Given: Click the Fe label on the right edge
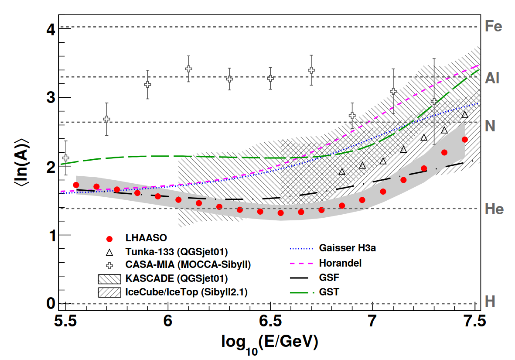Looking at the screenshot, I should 493,27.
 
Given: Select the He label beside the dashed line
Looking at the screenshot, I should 494,209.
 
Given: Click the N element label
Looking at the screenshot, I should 490,126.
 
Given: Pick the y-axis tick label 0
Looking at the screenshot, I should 51,303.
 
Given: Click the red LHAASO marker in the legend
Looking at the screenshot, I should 109,239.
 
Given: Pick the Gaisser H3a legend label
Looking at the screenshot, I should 347,248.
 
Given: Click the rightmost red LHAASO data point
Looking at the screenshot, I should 464,140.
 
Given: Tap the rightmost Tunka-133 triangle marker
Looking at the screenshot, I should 465,114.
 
